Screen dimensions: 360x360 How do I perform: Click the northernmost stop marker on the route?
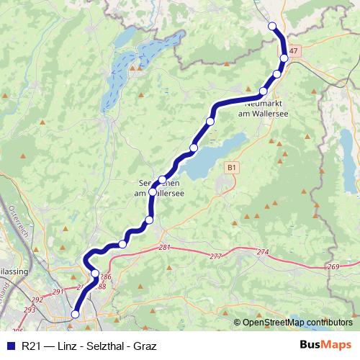[272, 27]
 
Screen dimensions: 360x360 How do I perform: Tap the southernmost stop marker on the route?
[75, 314]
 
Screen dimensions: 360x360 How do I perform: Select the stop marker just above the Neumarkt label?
[264, 91]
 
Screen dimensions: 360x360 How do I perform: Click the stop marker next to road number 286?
[95, 274]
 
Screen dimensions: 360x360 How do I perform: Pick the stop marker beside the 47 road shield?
[284, 58]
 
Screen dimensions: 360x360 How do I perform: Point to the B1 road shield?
[231, 167]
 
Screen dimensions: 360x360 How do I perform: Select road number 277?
[215, 256]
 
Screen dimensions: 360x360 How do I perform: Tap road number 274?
[262, 253]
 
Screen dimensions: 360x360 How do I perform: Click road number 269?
[333, 267]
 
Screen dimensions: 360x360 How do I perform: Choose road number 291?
[58, 292]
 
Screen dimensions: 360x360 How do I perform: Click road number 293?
[28, 310]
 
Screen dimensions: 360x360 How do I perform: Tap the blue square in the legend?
[9, 346]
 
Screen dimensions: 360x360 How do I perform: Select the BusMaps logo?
[325, 345]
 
